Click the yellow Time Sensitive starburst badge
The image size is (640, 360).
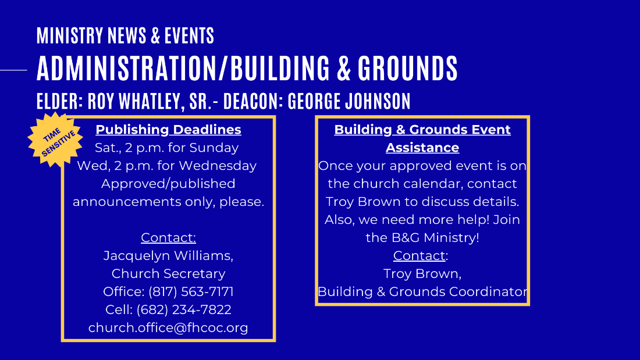tap(55, 140)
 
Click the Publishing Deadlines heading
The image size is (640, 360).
tap(168, 130)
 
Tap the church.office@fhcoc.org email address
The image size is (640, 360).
tap(168, 328)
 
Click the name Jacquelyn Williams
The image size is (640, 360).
tap(168, 256)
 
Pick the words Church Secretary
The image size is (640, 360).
tap(168, 274)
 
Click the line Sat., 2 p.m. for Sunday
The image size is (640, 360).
tap(166, 148)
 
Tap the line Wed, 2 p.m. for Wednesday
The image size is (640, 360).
tap(166, 166)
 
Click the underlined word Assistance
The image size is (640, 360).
tap(422, 148)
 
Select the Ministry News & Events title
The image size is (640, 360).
tap(125, 35)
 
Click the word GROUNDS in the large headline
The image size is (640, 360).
tap(408, 68)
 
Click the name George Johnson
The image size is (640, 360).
tap(349, 101)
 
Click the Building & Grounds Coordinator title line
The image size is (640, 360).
tap(422, 292)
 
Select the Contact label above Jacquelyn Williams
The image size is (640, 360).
tap(168, 237)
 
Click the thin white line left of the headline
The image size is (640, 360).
tap(13, 70)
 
